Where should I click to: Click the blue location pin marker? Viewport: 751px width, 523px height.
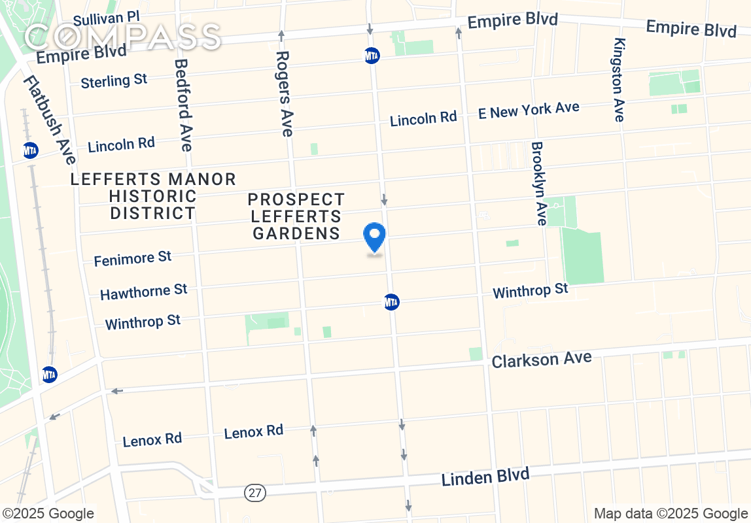coord(375,237)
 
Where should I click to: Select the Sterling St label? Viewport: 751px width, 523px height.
coord(114,81)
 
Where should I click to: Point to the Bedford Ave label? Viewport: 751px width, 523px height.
coord(183,105)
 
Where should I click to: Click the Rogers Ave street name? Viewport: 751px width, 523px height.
coord(283,94)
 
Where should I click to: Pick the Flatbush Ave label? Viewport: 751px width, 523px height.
coord(50,120)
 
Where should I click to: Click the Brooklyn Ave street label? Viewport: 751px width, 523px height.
coord(538,184)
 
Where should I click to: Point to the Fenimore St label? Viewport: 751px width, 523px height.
coord(133,259)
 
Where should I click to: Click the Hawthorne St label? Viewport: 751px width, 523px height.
coord(144,291)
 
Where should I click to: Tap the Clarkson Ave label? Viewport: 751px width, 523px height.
coord(542,360)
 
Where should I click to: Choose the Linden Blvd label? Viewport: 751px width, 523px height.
coord(485,477)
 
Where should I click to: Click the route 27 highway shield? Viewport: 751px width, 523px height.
coord(255,493)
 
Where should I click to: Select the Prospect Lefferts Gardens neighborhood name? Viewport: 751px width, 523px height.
coord(296,216)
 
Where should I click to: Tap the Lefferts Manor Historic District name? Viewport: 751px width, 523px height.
coord(153,195)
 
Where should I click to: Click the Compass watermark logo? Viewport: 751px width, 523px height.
coord(123,37)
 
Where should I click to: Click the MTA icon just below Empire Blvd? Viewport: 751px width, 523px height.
coord(372,56)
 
